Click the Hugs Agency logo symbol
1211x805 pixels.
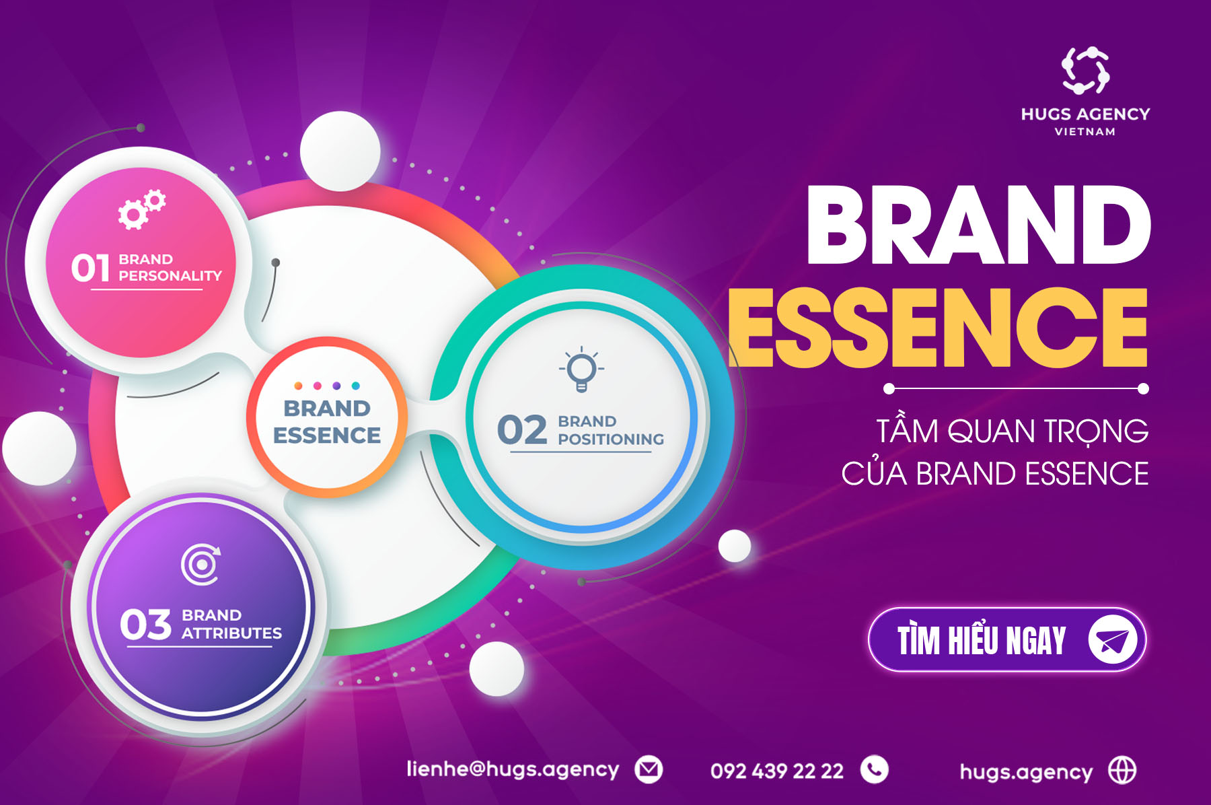pyautogui.click(x=1085, y=70)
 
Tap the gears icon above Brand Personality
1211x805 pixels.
pyautogui.click(x=142, y=209)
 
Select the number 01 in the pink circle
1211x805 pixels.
pyautogui.click(x=90, y=268)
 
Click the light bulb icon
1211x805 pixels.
pyautogui.click(x=581, y=370)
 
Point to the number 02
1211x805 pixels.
pyautogui.click(x=522, y=429)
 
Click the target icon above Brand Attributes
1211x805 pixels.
pyautogui.click(x=200, y=564)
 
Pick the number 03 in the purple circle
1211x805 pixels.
pyautogui.click(x=145, y=624)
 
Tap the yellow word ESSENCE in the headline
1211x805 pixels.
pyautogui.click(x=938, y=328)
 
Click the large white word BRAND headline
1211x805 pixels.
pyautogui.click(x=978, y=225)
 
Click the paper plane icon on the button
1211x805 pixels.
pyautogui.click(x=1112, y=639)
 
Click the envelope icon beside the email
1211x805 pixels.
pyautogui.click(x=649, y=769)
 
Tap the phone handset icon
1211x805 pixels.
pyautogui.click(x=875, y=769)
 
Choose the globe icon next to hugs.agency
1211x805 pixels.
pyautogui.click(x=1122, y=770)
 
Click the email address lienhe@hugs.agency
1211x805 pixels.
pyautogui.click(x=513, y=769)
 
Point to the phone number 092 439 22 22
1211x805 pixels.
pyautogui.click(x=777, y=771)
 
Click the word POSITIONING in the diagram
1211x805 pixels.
pyautogui.click(x=611, y=440)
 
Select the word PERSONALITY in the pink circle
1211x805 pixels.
pyautogui.click(x=170, y=276)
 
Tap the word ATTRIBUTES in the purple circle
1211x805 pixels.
pyautogui.click(x=231, y=633)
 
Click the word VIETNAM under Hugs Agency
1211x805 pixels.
pyautogui.click(x=1085, y=132)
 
